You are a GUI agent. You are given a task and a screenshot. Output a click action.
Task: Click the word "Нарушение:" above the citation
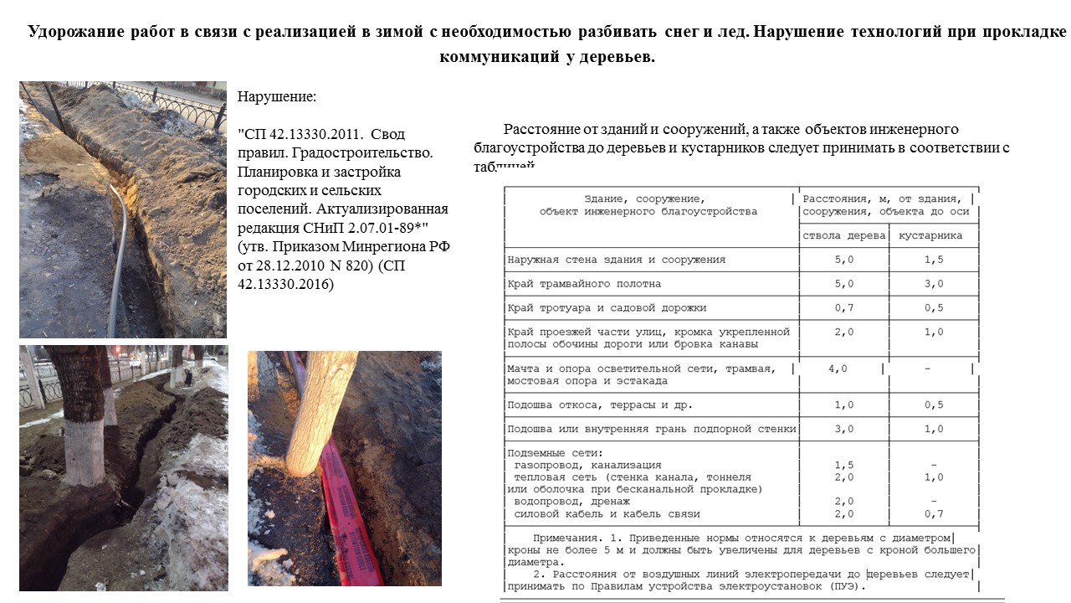click(x=277, y=96)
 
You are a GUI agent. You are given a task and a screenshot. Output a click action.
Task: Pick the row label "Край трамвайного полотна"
click(x=584, y=284)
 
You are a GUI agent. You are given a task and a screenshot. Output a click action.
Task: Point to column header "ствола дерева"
click(x=843, y=235)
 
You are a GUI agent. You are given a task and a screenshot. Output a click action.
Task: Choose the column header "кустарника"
click(x=930, y=235)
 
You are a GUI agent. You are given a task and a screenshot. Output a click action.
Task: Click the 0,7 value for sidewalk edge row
click(x=843, y=308)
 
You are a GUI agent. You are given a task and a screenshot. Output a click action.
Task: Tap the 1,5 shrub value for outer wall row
click(x=933, y=260)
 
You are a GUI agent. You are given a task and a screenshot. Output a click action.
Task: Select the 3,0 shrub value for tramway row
click(x=933, y=284)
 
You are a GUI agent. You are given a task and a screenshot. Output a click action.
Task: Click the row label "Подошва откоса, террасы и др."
click(x=600, y=405)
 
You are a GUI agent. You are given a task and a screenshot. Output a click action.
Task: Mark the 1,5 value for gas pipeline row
click(x=843, y=465)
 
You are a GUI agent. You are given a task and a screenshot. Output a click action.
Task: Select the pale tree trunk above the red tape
click(x=322, y=410)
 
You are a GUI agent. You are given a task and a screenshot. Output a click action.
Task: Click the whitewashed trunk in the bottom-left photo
click(x=84, y=452)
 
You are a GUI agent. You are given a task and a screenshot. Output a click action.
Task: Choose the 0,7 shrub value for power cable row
click(x=933, y=513)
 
